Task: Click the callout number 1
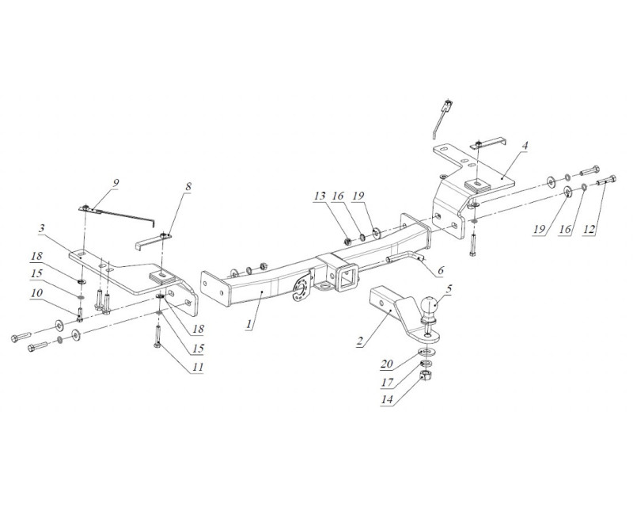pos(250,323)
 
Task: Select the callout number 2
pos(361,341)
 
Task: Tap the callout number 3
pos(42,228)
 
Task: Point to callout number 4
pos(524,147)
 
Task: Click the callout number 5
pos(449,288)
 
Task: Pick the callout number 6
pos(440,269)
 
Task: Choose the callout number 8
pos(188,187)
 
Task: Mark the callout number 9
pos(116,183)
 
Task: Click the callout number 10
pos(36,293)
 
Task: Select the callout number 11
pos(198,368)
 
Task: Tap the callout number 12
pos(589,229)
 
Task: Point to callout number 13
pos(320,196)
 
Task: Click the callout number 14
pos(387,399)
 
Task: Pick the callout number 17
pos(387,382)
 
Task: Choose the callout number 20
pos(387,364)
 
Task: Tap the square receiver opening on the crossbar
pos(347,278)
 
